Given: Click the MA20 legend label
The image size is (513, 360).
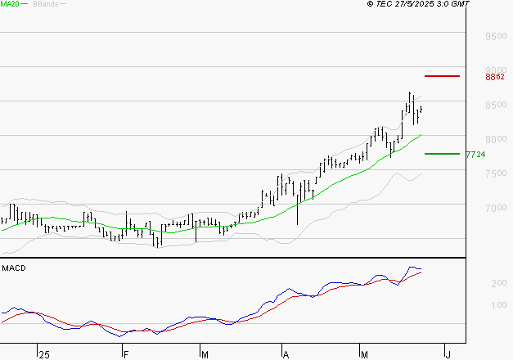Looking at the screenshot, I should [x=10, y=4].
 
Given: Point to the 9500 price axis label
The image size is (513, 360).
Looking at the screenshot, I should [x=496, y=37].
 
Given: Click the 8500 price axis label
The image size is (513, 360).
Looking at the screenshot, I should [x=496, y=106].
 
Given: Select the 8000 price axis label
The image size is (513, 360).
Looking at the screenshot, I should [x=496, y=140].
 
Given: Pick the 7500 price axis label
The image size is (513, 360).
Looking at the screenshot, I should [x=496, y=174].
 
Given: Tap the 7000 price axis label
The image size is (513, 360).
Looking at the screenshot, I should [x=496, y=209].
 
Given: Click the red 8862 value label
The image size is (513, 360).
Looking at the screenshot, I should [x=494, y=77].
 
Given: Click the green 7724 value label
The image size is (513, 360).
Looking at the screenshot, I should [x=475, y=154].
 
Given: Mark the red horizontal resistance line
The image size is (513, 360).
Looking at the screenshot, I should [x=442, y=76].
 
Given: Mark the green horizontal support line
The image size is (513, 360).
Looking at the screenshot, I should [x=441, y=153].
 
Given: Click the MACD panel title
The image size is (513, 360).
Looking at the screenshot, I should [x=14, y=268].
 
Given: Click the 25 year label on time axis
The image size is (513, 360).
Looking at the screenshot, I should [x=43, y=354].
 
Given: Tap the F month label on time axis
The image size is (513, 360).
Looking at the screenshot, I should [x=124, y=354].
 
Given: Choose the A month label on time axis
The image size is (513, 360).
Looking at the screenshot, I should [x=286, y=354].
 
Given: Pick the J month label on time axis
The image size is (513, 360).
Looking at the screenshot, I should [x=447, y=354].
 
